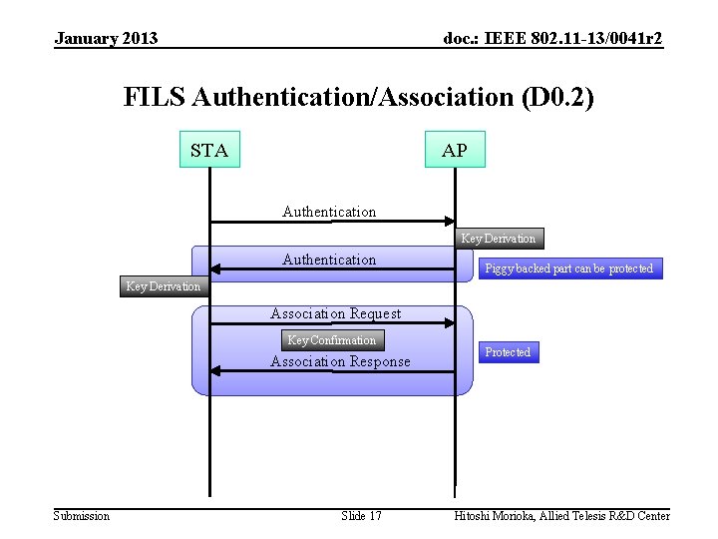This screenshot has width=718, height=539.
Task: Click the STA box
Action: coord(209,150)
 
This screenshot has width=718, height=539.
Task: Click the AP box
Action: coord(455,150)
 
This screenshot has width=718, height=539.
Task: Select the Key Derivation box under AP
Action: coord(498,238)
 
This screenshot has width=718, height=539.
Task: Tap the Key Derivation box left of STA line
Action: coord(163,285)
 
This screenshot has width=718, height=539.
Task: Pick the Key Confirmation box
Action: coord(331,339)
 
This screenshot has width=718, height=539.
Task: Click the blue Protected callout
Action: coord(508,352)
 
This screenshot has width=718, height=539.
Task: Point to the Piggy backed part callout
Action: coord(568,269)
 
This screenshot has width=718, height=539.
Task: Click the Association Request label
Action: coord(335,313)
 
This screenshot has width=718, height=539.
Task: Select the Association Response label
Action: coord(340,361)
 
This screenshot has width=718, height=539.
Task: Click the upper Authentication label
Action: coord(329,212)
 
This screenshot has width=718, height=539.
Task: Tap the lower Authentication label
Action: coord(329,260)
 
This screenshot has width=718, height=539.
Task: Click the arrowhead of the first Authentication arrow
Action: coord(449,222)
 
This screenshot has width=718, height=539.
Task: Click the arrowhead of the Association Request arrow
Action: coord(449,322)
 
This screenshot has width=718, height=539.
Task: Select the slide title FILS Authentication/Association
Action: coord(359,97)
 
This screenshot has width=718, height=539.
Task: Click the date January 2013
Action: coord(106,39)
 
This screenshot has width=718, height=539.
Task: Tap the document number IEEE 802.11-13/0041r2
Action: coord(552,39)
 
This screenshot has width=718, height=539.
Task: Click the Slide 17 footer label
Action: coord(361,515)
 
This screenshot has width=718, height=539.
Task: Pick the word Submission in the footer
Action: coord(82,515)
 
